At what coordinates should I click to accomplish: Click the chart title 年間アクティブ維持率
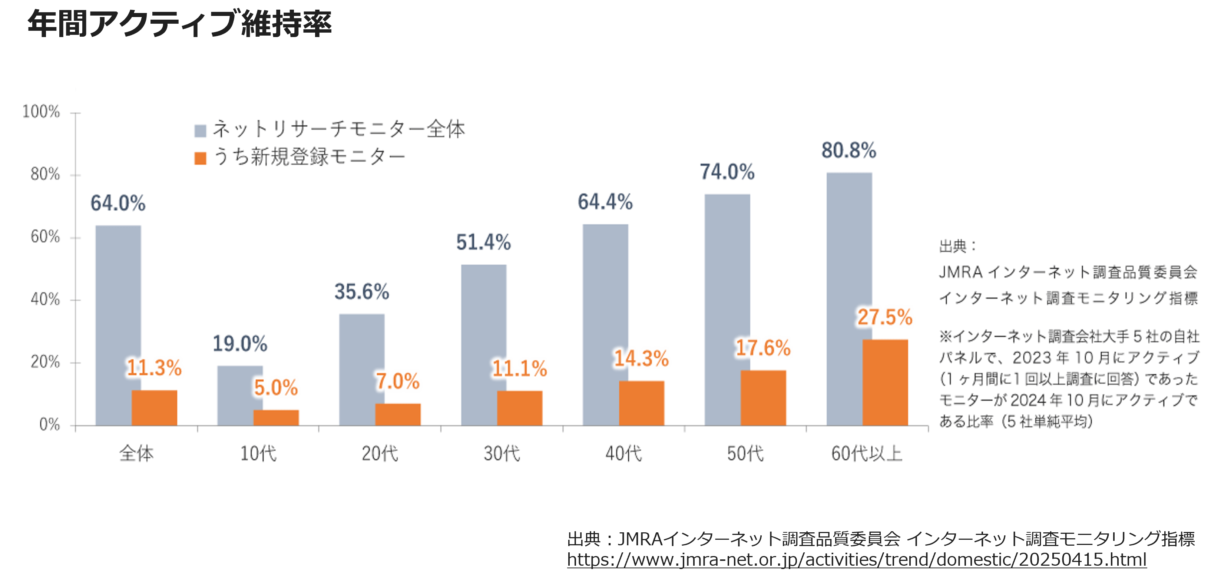[x=179, y=24]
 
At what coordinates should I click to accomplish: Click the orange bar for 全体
[x=154, y=408]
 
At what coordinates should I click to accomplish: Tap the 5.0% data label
[x=275, y=388]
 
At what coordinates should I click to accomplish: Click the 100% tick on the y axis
[x=41, y=112]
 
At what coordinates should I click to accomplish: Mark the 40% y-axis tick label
[x=45, y=300]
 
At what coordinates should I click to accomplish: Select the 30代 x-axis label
[x=502, y=454]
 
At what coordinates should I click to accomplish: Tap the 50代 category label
[x=745, y=454]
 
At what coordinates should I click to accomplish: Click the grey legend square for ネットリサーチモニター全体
[x=201, y=131]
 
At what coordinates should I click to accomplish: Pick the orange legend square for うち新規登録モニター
[x=201, y=158]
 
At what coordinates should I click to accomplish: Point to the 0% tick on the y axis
[x=49, y=424]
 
